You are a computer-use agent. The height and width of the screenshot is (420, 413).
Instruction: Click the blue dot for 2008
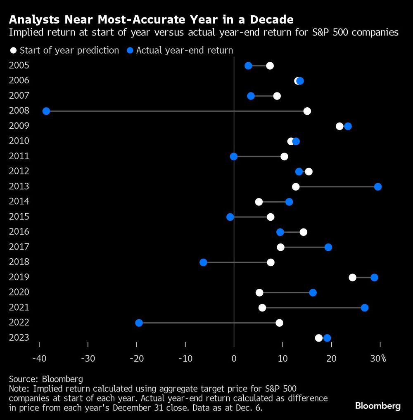tap(46, 111)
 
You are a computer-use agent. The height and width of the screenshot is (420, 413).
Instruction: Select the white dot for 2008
tap(307, 111)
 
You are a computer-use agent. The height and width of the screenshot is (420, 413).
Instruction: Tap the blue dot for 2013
tap(377, 186)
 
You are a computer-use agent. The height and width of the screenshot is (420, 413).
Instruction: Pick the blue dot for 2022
tap(139, 323)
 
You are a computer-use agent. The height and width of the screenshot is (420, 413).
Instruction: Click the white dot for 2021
tap(262, 307)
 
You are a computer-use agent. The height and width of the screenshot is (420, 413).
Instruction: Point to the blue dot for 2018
tap(203, 262)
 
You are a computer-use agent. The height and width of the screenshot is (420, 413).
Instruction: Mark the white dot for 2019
tap(352, 277)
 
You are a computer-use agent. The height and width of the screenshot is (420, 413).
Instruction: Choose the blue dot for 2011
tap(234, 156)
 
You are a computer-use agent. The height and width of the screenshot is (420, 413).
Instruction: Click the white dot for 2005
tap(270, 66)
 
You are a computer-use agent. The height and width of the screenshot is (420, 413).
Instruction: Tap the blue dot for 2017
tap(328, 247)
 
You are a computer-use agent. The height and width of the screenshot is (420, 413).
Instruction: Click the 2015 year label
tap(19, 217)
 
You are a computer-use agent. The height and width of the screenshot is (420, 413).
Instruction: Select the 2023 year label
tap(19, 337)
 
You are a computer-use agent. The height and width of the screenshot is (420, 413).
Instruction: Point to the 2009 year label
tap(19, 126)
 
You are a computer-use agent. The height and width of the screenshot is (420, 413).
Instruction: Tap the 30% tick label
tap(378, 358)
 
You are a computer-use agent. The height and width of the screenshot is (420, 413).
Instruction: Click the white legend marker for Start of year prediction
tap(14, 50)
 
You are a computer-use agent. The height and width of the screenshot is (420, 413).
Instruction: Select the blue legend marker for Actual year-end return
tap(130, 50)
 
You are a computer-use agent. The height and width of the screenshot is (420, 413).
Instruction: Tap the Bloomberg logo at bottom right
tap(377, 406)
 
